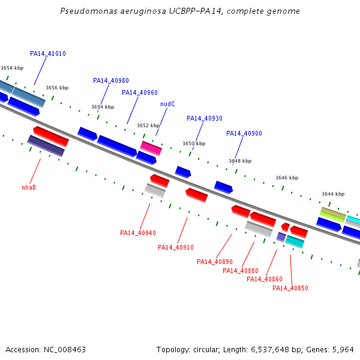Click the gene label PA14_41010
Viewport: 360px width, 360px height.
(48, 53)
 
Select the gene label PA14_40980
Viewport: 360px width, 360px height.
(111, 80)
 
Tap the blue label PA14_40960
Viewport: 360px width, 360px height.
(140, 92)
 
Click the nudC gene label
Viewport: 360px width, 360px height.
(167, 104)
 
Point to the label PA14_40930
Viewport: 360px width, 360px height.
(205, 118)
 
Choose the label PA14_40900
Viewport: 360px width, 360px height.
(244, 133)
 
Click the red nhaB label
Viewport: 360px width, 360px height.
(29, 187)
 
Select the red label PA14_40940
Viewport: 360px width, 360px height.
(138, 233)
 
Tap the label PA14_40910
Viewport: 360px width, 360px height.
(176, 247)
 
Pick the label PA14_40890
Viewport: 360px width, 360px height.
(215, 262)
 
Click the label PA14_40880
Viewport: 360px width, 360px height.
(241, 271)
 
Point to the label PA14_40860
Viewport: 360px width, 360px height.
(265, 279)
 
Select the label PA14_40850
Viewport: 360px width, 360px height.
(290, 288)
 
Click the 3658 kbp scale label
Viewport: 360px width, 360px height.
(12, 68)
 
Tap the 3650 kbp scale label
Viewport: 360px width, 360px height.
(194, 144)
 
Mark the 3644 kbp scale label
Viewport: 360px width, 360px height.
(333, 194)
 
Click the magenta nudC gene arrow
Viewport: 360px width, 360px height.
(151, 147)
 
